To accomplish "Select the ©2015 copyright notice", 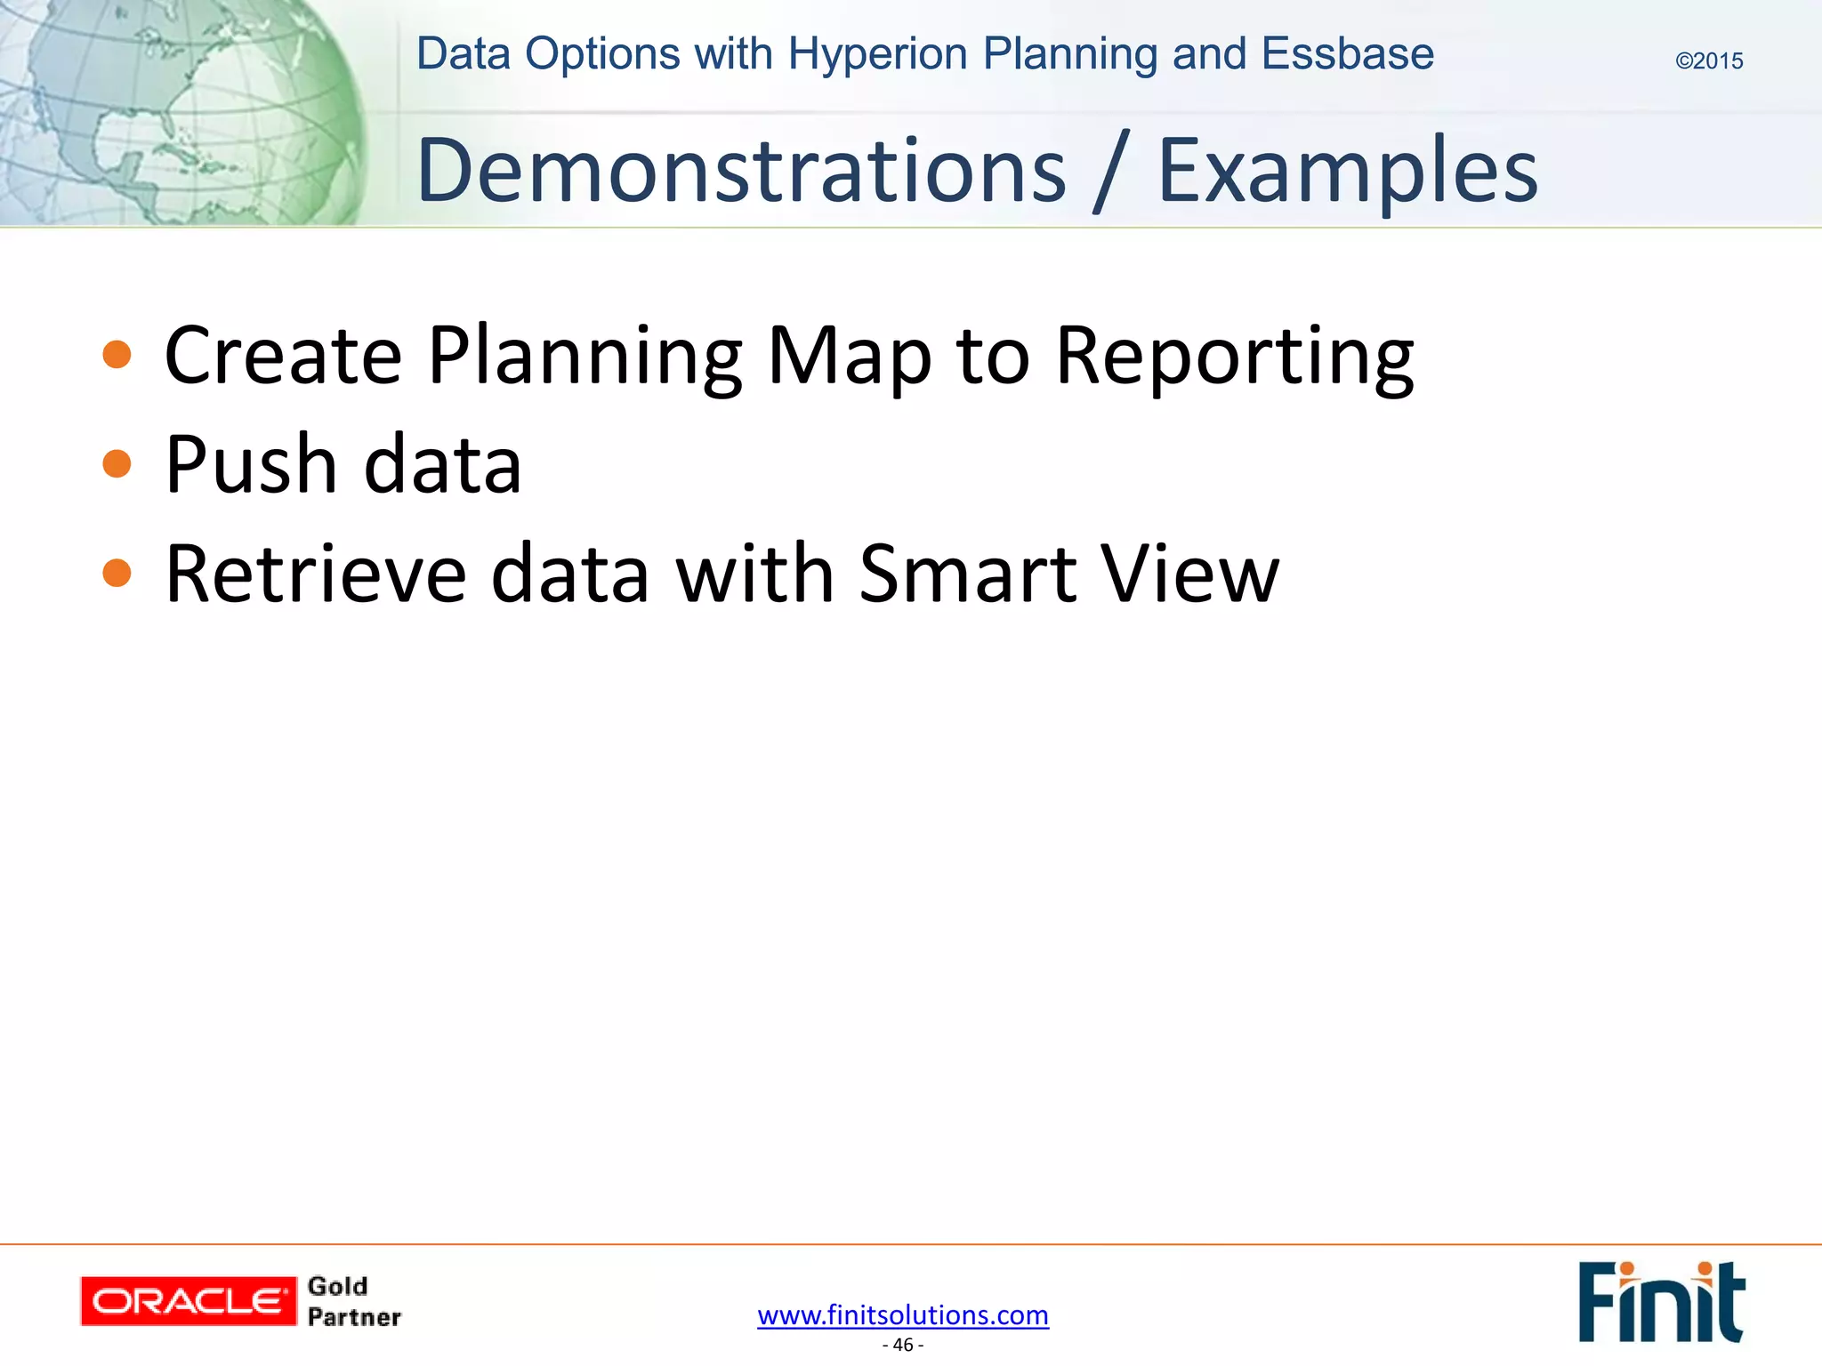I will click(1709, 60).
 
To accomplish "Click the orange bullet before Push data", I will click(117, 463).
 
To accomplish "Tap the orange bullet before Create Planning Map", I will click(117, 354).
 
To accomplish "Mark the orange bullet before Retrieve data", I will click(117, 573).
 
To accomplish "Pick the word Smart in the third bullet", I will click(969, 574).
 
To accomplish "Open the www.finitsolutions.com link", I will click(903, 1314).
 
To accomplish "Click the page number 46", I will click(903, 1345).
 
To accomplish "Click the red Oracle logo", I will click(188, 1301).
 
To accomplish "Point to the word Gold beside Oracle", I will click(337, 1286).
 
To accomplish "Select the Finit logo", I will click(1661, 1301).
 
